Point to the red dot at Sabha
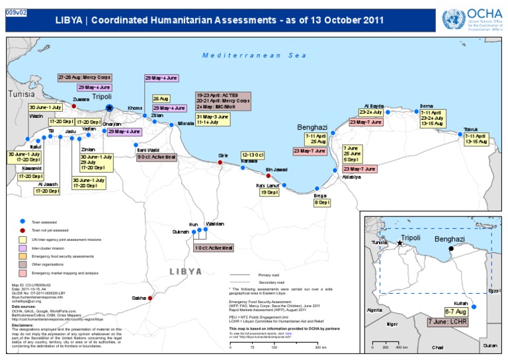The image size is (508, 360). pyautogui.click(x=150, y=299)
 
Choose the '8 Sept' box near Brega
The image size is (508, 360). pyautogui.click(x=322, y=202)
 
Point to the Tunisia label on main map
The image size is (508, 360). pyautogui.click(x=21, y=95)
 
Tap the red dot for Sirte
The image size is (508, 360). pyautogui.click(x=221, y=161)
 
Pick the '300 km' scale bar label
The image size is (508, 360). pyautogui.click(x=320, y=347)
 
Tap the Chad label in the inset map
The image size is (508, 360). pyautogui.click(x=437, y=347)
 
